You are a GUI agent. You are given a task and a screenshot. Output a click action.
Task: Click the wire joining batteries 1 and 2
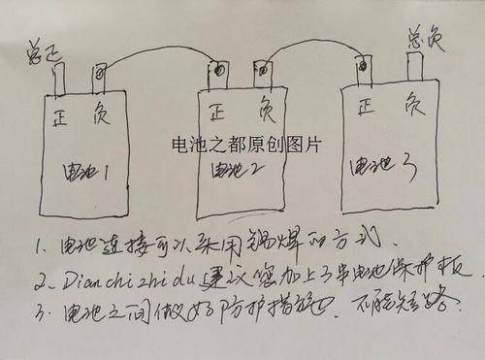click(155, 52)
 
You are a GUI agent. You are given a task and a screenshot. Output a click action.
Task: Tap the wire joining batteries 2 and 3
click(310, 44)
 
